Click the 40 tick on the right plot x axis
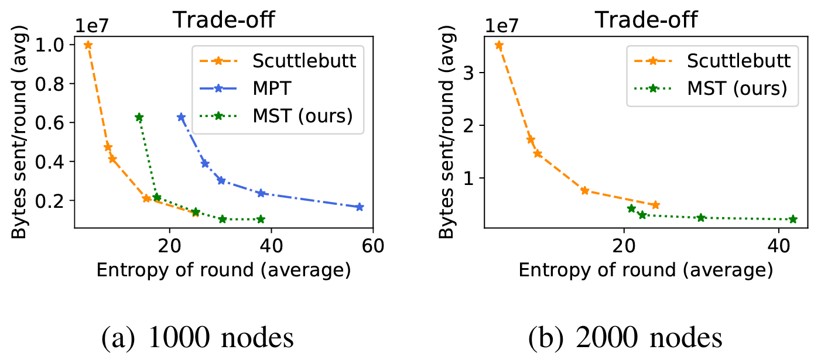pos(778,245)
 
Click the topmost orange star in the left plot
pos(88,45)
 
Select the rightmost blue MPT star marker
pos(360,207)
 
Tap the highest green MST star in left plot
pos(139,118)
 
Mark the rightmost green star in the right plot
pos(793,220)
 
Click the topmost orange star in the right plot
pos(499,45)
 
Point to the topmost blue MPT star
pos(182,117)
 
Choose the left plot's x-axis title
pos(223,270)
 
